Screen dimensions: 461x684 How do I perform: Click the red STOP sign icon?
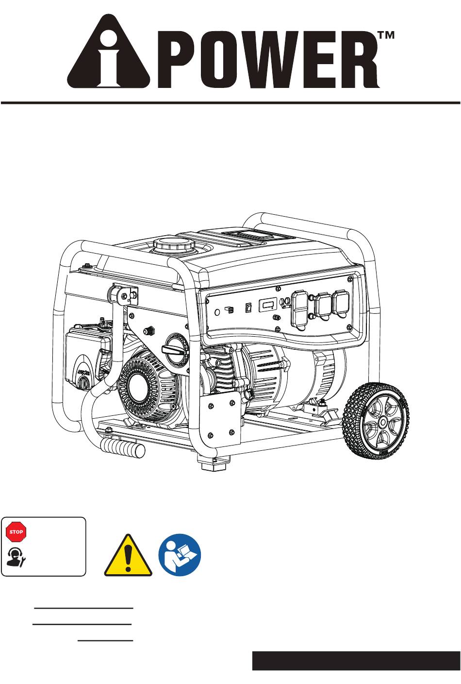pyautogui.click(x=16, y=531)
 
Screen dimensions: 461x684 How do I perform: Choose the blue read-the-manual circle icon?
pyautogui.click(x=180, y=555)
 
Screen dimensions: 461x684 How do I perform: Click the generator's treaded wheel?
pyautogui.click(x=376, y=421)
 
